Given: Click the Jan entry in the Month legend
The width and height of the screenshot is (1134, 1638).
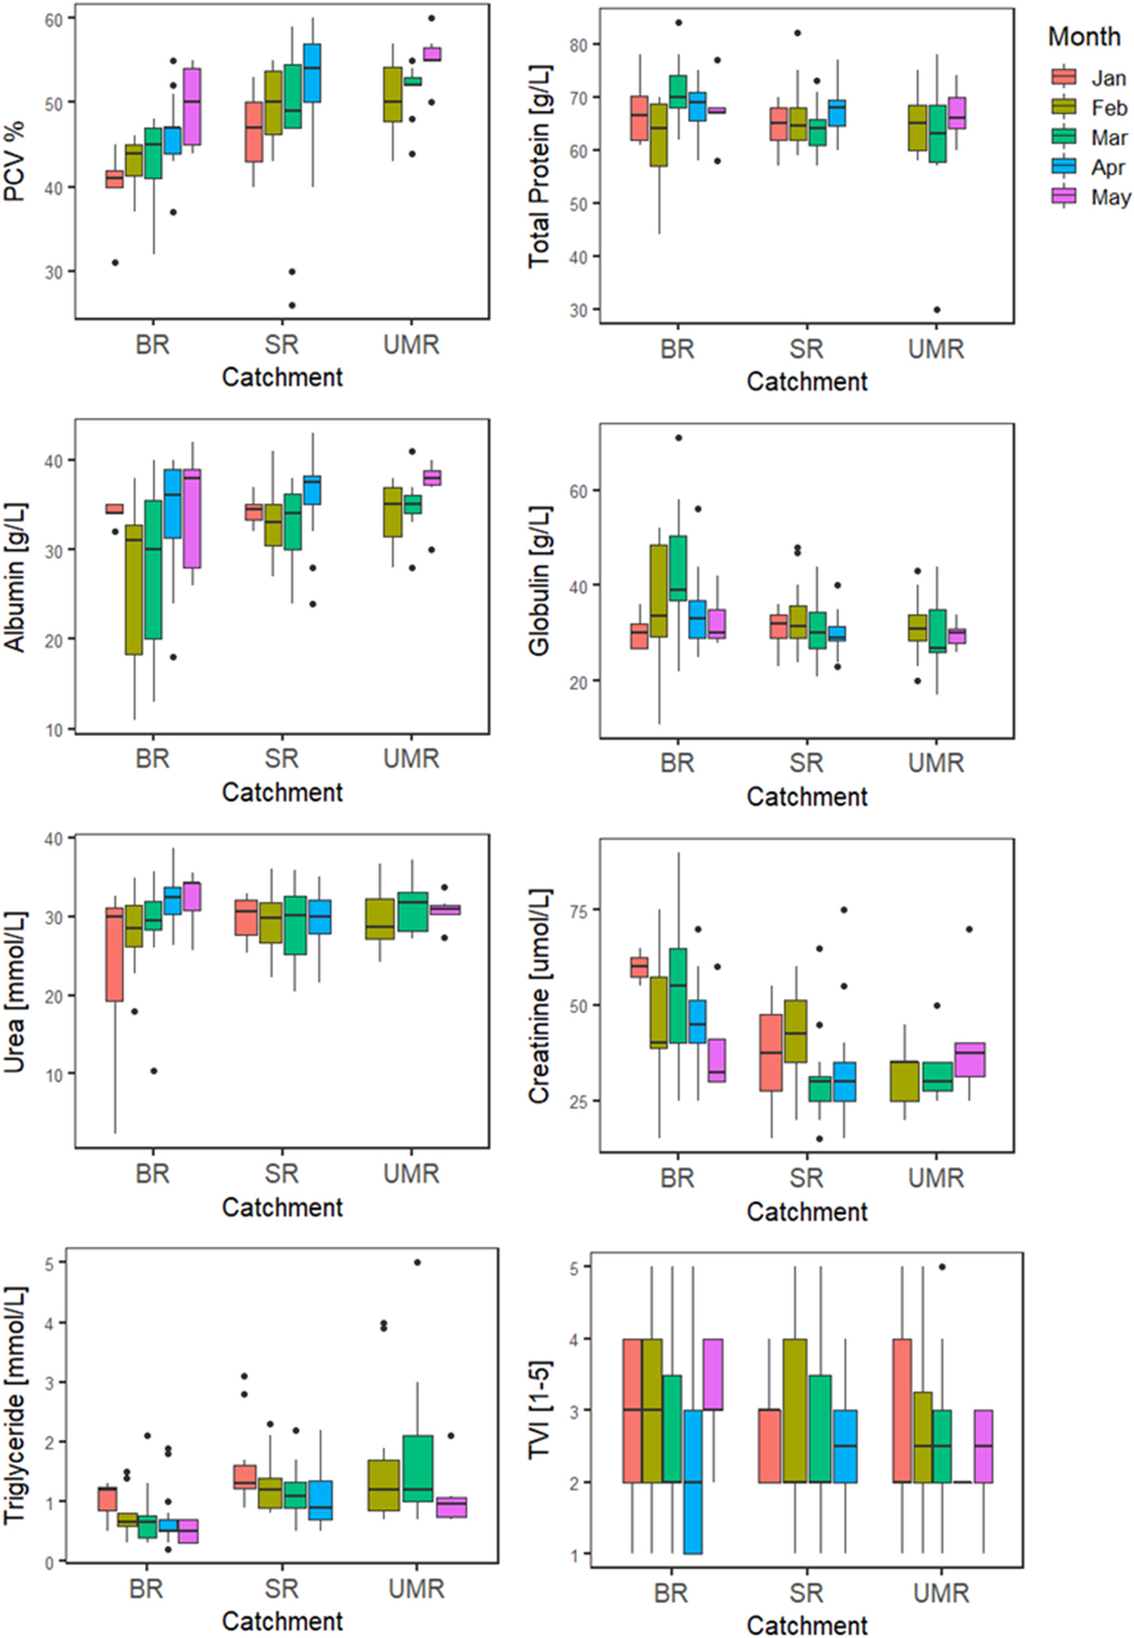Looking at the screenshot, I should pyautogui.click(x=1108, y=78).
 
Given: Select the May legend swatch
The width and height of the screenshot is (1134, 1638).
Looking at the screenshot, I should pyautogui.click(x=1064, y=197).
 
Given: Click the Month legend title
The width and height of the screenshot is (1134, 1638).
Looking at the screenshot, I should pyautogui.click(x=1084, y=36).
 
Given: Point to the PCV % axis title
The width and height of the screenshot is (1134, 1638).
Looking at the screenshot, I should pyautogui.click(x=14, y=161).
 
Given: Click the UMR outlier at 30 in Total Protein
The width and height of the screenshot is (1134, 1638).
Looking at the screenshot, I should pyautogui.click(x=937, y=310).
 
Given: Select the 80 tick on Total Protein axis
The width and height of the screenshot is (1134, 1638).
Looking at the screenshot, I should pyautogui.click(x=578, y=45).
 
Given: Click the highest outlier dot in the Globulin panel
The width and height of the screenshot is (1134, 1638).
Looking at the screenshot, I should pyautogui.click(x=678, y=438).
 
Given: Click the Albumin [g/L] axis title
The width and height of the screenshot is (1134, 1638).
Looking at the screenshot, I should pyautogui.click(x=14, y=576).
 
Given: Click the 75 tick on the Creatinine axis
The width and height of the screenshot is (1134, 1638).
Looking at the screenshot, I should pyautogui.click(x=578, y=911).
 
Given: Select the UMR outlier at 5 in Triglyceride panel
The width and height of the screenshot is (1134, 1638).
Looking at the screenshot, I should pyautogui.click(x=416, y=1262).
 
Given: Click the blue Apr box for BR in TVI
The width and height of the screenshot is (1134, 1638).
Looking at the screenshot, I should pyautogui.click(x=693, y=1482).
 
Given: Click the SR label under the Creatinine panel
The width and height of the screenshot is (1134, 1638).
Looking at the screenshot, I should pyautogui.click(x=806, y=1178).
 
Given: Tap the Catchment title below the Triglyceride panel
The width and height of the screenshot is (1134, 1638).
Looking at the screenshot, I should pyautogui.click(x=282, y=1620).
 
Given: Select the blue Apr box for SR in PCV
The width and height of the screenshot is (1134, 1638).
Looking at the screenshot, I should pyautogui.click(x=312, y=73).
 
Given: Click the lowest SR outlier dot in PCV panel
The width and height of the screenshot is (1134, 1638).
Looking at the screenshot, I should pyautogui.click(x=292, y=305).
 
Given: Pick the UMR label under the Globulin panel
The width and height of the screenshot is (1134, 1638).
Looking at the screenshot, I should pyautogui.click(x=936, y=763).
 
